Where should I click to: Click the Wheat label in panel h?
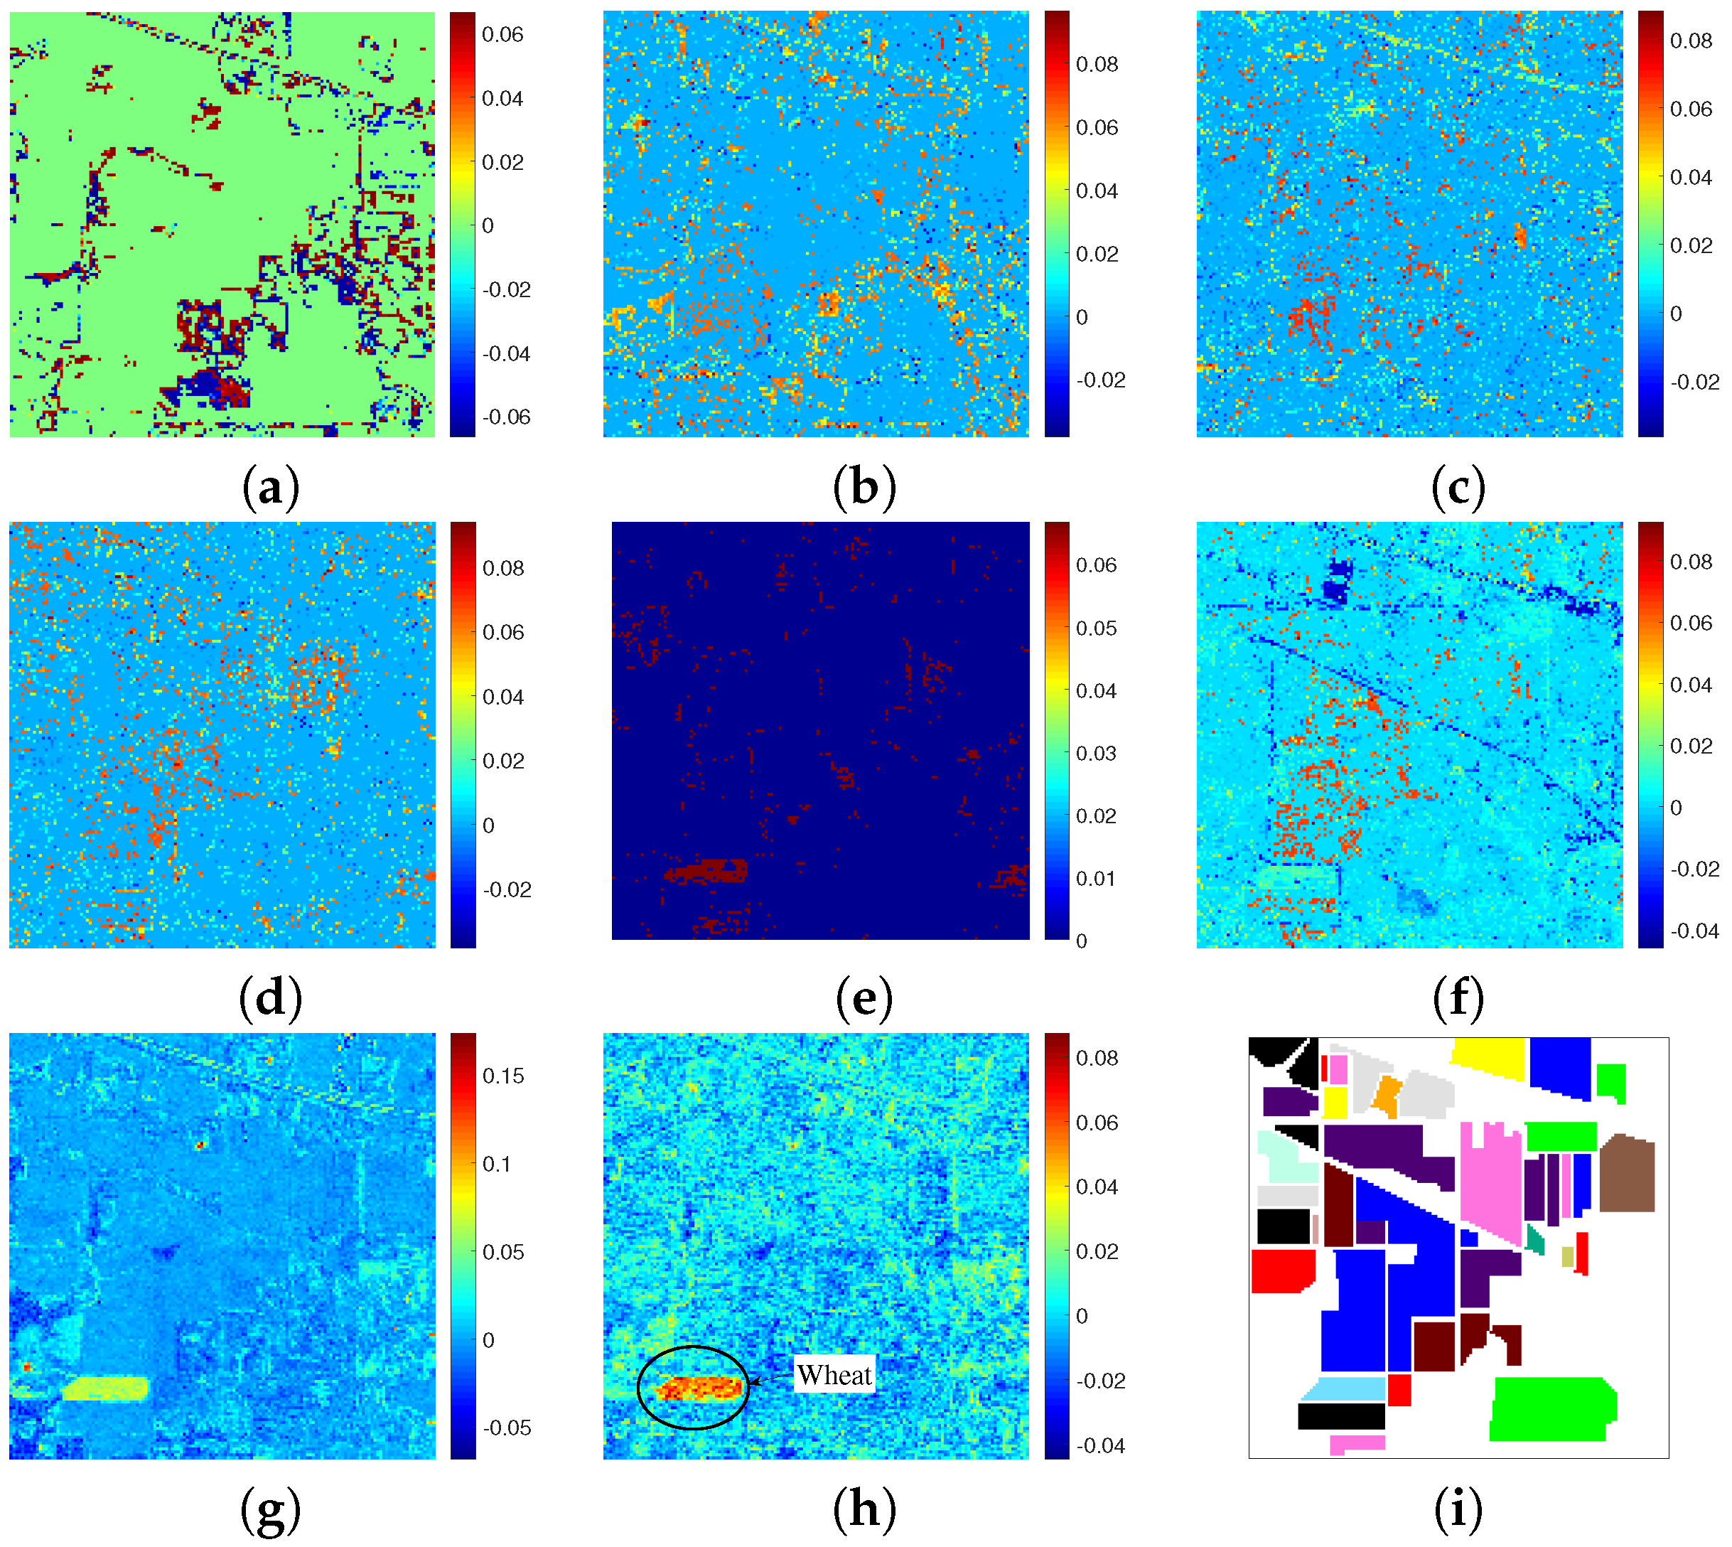point(834,1375)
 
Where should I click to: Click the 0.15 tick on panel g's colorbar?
point(503,1076)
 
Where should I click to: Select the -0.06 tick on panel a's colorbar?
point(507,417)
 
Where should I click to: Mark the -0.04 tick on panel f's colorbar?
point(1694,931)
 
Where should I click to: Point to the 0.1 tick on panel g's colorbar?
point(498,1164)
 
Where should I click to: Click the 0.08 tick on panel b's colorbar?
point(1097,65)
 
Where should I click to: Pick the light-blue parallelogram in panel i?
point(1343,1390)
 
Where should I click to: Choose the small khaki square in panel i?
point(1567,1256)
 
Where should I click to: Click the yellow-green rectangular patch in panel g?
point(104,1390)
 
